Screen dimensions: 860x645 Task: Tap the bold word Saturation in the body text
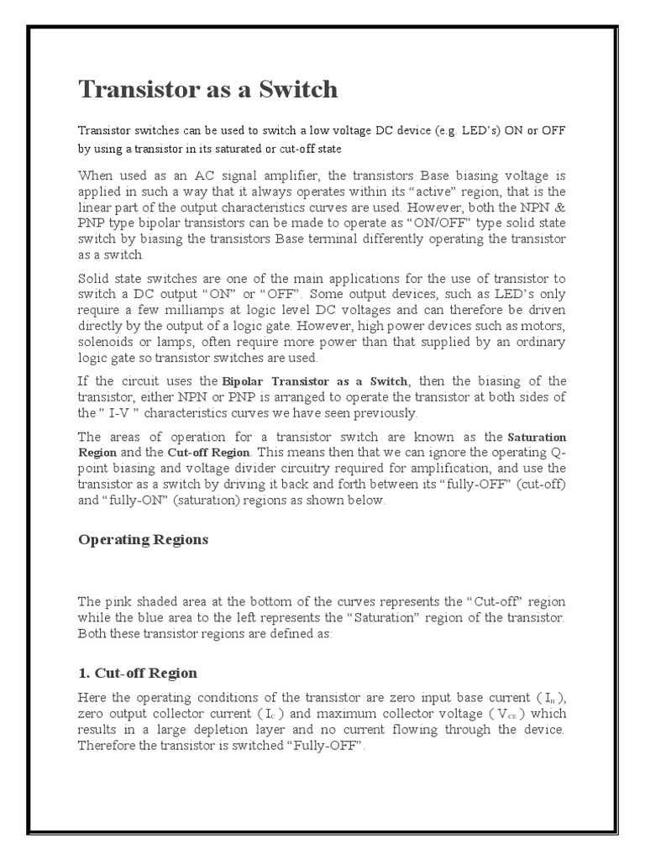click(537, 438)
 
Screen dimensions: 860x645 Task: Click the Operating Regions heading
click(143, 540)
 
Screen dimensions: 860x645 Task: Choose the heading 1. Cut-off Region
click(137, 673)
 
